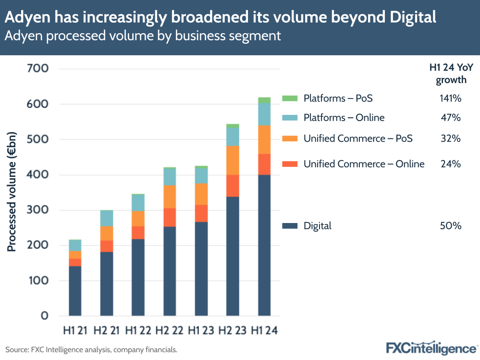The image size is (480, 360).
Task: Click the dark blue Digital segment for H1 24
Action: [264, 245]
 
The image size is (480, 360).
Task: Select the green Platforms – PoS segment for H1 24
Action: [264, 100]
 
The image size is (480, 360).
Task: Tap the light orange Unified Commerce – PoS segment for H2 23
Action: [233, 160]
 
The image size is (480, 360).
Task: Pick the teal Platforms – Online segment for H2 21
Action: [107, 218]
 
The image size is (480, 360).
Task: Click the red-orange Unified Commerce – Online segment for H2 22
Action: [170, 217]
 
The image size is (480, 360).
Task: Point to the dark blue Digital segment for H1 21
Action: [75, 291]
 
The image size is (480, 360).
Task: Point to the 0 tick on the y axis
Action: [44, 316]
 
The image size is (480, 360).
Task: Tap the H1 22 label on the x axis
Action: [138, 331]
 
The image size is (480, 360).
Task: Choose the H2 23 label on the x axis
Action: [233, 331]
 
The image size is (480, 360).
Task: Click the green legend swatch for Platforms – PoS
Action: [290, 99]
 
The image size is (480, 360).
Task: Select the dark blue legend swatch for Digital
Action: [290, 226]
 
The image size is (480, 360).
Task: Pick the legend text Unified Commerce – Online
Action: [364, 164]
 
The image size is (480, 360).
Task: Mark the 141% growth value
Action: [450, 99]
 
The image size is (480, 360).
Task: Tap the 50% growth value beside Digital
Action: [450, 226]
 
